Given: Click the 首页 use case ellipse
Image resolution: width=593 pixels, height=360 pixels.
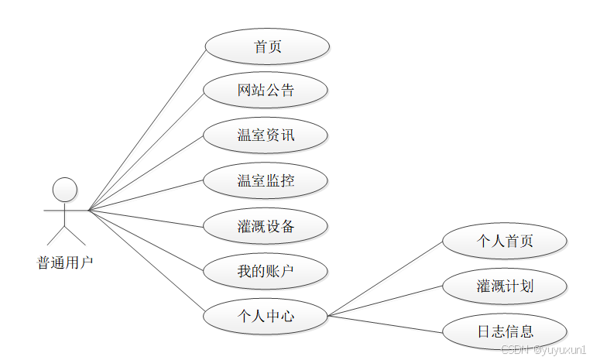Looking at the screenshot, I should pyautogui.click(x=267, y=46).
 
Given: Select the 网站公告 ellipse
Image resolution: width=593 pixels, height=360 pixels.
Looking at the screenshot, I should pyautogui.click(x=266, y=91).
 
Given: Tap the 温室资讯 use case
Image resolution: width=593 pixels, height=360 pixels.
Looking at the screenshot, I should pyautogui.click(x=266, y=135).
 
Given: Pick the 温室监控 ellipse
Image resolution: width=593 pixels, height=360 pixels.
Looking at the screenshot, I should pyautogui.click(x=266, y=181).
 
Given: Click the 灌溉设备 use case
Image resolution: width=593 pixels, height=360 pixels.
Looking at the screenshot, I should pyautogui.click(x=266, y=226).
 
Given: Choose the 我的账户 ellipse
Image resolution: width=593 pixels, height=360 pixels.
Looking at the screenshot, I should pyautogui.click(x=266, y=271).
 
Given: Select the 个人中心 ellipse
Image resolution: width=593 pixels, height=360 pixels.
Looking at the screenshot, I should pyautogui.click(x=266, y=316).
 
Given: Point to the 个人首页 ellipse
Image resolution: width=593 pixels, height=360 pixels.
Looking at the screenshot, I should pyautogui.click(x=505, y=241).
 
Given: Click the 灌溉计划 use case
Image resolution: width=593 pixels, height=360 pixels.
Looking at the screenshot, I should pyautogui.click(x=505, y=286).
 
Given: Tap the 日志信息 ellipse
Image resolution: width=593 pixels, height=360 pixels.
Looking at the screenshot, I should pyautogui.click(x=505, y=331).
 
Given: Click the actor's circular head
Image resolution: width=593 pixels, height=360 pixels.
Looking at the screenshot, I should pyautogui.click(x=64, y=190).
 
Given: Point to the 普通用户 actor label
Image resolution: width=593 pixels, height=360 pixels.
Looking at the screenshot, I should pyautogui.click(x=65, y=262).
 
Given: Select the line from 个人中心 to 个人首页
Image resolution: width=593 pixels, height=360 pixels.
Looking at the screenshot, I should pyautogui.click(x=385, y=279).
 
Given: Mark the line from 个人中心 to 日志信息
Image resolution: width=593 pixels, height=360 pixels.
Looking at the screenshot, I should pyautogui.click(x=385, y=324).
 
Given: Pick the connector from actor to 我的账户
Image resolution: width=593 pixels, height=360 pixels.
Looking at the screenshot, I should pyautogui.click(x=146, y=241).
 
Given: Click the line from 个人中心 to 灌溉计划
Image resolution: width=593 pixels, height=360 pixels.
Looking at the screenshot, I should pyautogui.click(x=385, y=301).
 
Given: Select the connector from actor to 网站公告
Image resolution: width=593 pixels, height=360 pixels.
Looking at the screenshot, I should pyautogui.click(x=146, y=152).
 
